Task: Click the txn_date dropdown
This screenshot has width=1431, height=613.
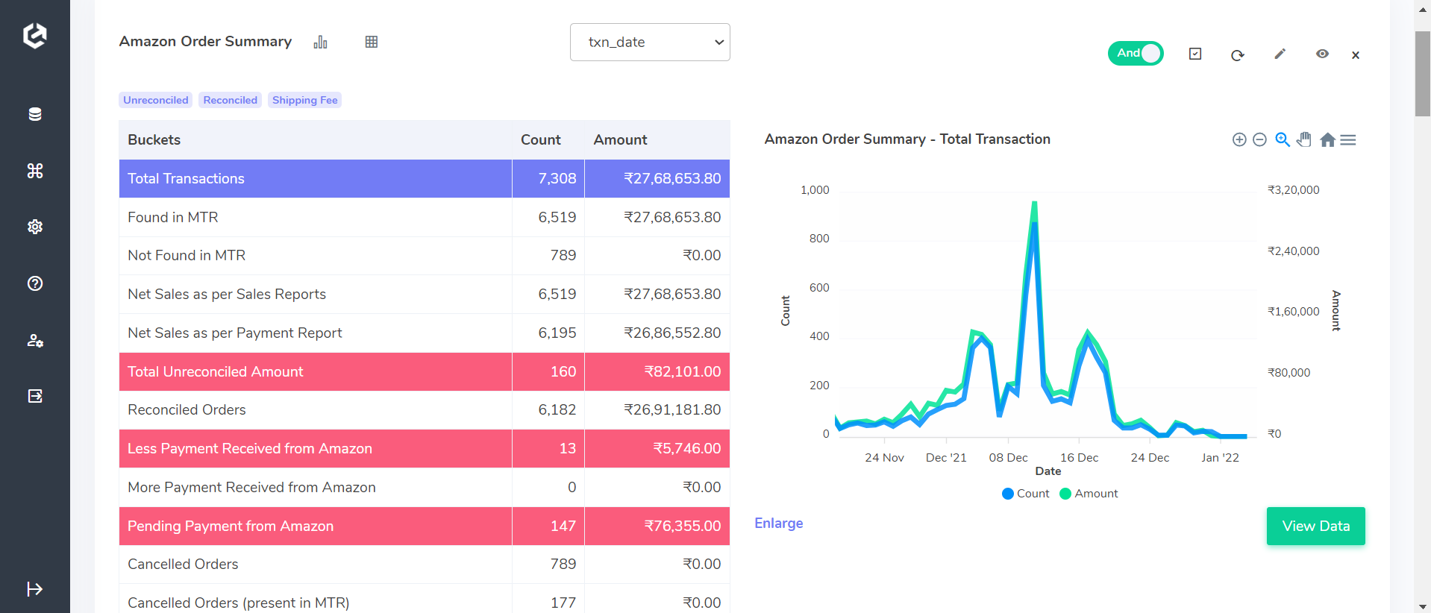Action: click(x=649, y=43)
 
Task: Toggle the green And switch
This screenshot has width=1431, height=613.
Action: click(x=1135, y=53)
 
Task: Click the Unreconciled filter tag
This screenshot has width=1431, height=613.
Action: click(x=155, y=100)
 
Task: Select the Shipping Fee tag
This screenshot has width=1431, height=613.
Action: click(x=304, y=100)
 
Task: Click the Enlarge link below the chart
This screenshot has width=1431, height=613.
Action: click(x=778, y=523)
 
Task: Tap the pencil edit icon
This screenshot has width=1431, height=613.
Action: click(x=1280, y=54)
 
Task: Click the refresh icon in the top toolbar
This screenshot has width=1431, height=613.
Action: click(x=1237, y=54)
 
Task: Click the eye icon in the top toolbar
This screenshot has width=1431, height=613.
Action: click(x=1322, y=54)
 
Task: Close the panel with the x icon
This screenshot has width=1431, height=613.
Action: click(x=1356, y=55)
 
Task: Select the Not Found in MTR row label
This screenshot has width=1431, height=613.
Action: click(x=187, y=255)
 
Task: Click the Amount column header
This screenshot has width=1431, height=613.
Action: click(x=620, y=139)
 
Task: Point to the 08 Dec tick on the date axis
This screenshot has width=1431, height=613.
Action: click(x=1008, y=457)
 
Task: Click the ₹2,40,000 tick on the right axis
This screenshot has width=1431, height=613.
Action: click(x=1293, y=251)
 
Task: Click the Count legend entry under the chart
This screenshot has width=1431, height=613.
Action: click(x=1026, y=494)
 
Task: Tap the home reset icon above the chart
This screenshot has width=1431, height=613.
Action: click(x=1327, y=140)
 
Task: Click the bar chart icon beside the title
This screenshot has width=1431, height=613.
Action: click(x=320, y=42)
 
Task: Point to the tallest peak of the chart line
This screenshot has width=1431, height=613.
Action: click(x=1034, y=203)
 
